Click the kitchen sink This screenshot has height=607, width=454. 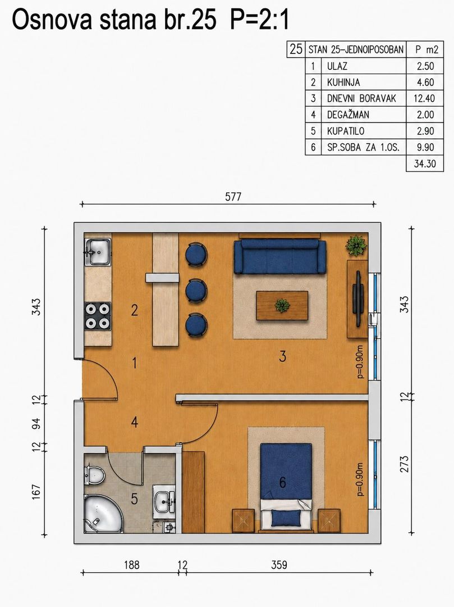tap(98, 252)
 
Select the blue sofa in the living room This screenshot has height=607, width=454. tap(279, 256)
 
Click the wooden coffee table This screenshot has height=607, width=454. tap(282, 305)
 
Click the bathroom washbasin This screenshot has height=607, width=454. tap(164, 502)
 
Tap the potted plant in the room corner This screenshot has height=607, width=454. tap(356, 245)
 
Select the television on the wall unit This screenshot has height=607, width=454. tap(358, 298)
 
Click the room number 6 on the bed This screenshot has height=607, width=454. tap(282, 482)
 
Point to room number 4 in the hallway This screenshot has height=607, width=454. tap(134, 422)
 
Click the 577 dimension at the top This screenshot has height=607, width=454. tap(233, 197)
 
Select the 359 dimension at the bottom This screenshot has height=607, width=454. tap(279, 565)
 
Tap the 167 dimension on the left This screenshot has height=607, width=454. tap(36, 492)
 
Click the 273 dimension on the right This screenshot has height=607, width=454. tap(403, 464)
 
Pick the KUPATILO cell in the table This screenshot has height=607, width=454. tap(346, 131)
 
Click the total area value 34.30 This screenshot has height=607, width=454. tap(425, 164)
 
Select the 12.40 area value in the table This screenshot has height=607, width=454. tap(424, 98)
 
